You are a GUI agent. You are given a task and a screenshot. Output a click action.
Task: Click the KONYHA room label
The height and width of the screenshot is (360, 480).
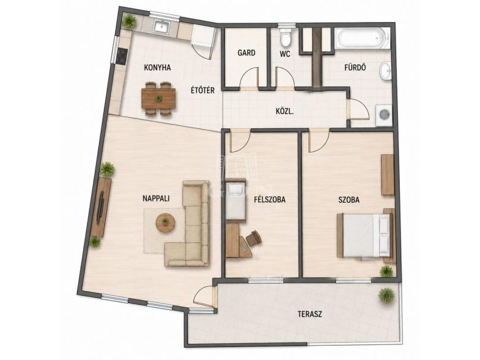(157, 68)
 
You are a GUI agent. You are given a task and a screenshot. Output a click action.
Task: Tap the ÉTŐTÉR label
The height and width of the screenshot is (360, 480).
(202, 91)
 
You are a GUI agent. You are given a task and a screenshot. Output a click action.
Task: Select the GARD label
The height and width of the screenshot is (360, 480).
(247, 53)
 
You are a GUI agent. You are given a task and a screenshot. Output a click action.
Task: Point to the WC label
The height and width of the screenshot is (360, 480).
(284, 54)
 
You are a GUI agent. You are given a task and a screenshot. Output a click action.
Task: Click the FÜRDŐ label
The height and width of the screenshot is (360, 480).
(355, 67)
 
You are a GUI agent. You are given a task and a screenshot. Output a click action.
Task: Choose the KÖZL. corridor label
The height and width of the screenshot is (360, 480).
(284, 112)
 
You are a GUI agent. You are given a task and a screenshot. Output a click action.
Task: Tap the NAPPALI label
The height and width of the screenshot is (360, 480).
(156, 199)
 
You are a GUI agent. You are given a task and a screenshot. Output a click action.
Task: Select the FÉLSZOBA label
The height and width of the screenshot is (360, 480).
(269, 200)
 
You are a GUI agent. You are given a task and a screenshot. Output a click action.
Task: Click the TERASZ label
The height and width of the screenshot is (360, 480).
(310, 314)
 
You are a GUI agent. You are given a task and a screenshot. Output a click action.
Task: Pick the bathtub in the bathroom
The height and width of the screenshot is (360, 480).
(362, 38)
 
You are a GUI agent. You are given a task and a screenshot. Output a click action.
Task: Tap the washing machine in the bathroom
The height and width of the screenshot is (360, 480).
(383, 115)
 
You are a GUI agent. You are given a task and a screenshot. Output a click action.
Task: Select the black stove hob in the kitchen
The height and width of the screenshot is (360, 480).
(122, 56)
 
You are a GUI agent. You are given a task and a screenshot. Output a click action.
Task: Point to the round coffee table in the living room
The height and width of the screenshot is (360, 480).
(166, 222)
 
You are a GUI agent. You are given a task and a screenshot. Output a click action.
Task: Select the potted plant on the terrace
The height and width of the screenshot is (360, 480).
(386, 295)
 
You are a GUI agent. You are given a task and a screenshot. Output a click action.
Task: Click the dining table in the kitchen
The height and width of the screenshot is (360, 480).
(158, 98)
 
